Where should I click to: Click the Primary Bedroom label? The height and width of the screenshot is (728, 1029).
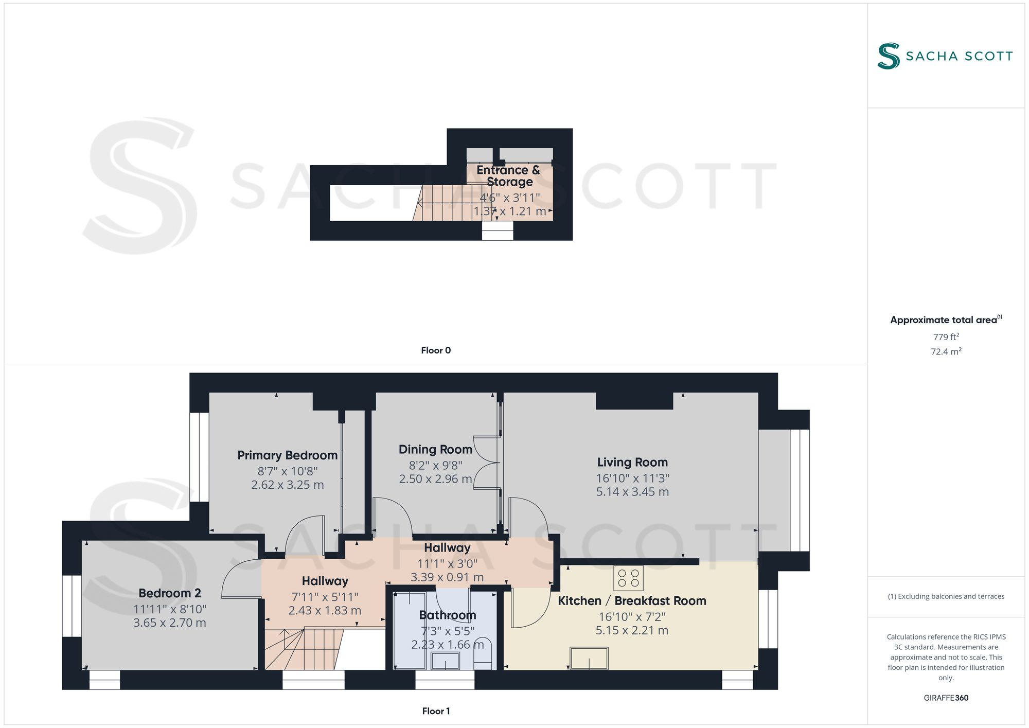[287, 455]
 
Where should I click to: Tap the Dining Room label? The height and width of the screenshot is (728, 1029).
[435, 450]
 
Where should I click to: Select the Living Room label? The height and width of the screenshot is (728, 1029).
[632, 463]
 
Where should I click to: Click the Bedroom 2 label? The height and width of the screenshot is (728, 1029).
[170, 593]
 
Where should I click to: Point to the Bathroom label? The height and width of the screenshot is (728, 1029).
[448, 615]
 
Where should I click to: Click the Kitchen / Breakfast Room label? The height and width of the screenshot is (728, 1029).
[632, 601]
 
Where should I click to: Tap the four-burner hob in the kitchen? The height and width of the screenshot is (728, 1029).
[628, 578]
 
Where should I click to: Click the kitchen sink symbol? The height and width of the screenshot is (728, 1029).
[589, 659]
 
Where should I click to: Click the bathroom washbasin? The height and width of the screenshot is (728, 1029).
[445, 661]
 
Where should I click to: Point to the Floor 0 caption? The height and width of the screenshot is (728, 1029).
[436, 350]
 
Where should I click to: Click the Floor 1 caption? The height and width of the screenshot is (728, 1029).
[436, 711]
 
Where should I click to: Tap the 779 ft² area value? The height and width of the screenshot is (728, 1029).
[946, 337]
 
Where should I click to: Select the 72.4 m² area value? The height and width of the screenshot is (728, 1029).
[946, 351]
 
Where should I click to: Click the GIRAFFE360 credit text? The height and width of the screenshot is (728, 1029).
[946, 698]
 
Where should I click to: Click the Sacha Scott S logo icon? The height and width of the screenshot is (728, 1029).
[889, 56]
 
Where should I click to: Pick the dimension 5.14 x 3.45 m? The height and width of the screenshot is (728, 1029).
[632, 492]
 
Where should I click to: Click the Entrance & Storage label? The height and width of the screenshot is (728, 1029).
[508, 176]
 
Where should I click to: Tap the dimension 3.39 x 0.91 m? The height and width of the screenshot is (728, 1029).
[447, 577]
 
